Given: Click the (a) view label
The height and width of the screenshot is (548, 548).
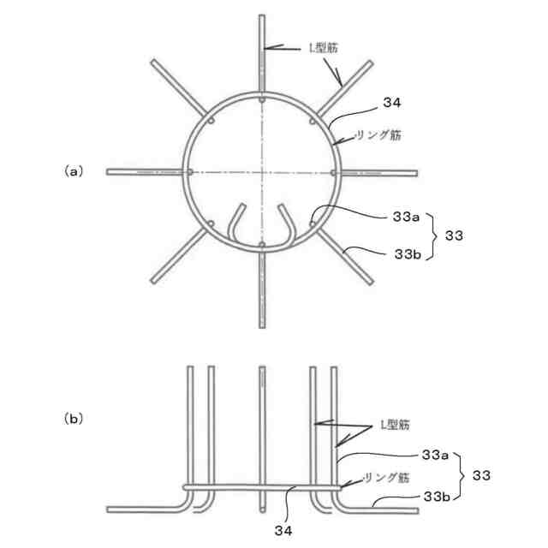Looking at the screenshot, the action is [x=74, y=171].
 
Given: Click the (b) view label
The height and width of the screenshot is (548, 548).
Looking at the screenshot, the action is [x=74, y=420].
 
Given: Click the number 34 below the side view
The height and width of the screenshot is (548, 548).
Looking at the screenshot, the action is [x=284, y=531].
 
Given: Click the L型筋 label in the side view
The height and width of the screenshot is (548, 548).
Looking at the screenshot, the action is [x=396, y=426].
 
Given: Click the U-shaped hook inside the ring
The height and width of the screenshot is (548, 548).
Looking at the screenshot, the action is [x=261, y=231].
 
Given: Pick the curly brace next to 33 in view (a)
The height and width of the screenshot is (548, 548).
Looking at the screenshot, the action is [x=440, y=236].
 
